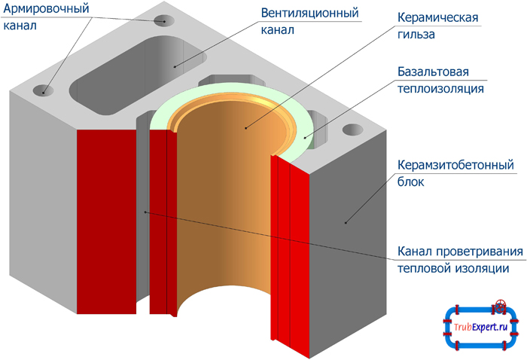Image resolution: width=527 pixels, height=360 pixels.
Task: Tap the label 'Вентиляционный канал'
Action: coord(309,23)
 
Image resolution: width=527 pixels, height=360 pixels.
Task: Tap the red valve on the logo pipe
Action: coord(499,307)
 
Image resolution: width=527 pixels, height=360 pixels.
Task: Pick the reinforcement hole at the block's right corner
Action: coord(352,130)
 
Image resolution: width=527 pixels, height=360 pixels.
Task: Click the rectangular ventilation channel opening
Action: coord(139,72)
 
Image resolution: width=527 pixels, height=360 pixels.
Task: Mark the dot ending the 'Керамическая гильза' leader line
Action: coord(245,128)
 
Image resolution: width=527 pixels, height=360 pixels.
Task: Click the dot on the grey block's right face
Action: coord(346,222)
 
